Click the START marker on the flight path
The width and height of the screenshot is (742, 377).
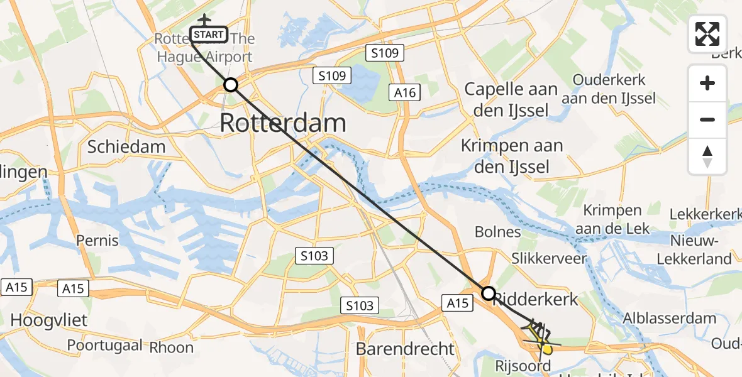click(x=208, y=35)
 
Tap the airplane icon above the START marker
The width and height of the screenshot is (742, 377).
click(x=205, y=20)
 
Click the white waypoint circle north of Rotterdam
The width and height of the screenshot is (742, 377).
click(x=231, y=85)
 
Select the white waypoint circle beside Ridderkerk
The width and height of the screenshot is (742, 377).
click(x=489, y=293)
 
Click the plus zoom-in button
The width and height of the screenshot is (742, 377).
click(x=707, y=83)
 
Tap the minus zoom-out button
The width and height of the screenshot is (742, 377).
click(x=707, y=119)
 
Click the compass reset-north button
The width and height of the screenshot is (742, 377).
click(x=707, y=156)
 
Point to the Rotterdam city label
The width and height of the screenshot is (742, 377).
click(x=283, y=123)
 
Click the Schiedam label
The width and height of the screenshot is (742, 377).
click(x=126, y=147)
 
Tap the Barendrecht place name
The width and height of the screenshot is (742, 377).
click(x=405, y=349)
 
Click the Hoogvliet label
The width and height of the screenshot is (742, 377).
click(x=48, y=320)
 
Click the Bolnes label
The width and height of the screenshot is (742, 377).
click(x=497, y=232)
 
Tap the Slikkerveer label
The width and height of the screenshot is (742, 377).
click(x=549, y=258)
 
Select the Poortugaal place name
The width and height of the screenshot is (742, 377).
click(x=105, y=345)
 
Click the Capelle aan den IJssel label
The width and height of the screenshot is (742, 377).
click(x=511, y=100)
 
